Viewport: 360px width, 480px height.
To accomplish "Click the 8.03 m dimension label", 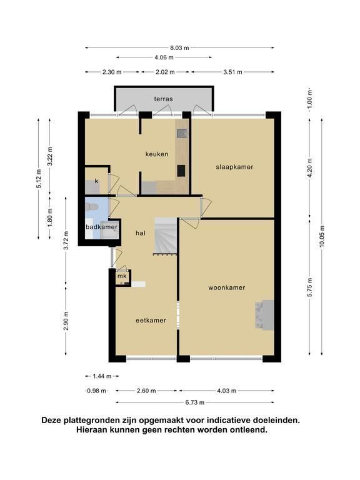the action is [179, 47].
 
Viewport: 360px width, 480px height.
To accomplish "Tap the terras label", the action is [164, 99].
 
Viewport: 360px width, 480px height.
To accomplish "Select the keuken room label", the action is [157, 154].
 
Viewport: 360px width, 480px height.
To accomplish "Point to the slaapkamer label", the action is [234, 167].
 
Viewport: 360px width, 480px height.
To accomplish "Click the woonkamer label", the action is [227, 287].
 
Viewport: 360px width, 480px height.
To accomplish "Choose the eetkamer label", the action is [151, 321].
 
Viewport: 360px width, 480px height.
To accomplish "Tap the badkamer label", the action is [102, 227].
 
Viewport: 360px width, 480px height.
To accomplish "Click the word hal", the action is [141, 233].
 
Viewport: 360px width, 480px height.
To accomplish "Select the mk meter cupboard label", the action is [122, 276].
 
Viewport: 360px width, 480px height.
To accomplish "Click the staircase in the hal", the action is [166, 236].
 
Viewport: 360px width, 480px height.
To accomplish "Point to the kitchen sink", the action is [182, 134].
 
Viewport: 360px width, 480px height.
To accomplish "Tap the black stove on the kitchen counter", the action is [181, 171].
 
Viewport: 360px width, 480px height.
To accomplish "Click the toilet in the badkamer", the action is [92, 207].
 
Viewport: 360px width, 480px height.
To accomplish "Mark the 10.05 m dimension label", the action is [322, 236].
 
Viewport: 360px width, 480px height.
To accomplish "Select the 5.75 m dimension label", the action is [310, 287].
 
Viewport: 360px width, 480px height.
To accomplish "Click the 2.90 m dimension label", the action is [66, 321].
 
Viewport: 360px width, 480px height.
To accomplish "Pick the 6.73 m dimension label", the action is [195, 402].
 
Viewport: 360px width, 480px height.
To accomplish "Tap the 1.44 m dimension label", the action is [102, 376].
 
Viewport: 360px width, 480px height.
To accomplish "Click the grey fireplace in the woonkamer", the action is [265, 315].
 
